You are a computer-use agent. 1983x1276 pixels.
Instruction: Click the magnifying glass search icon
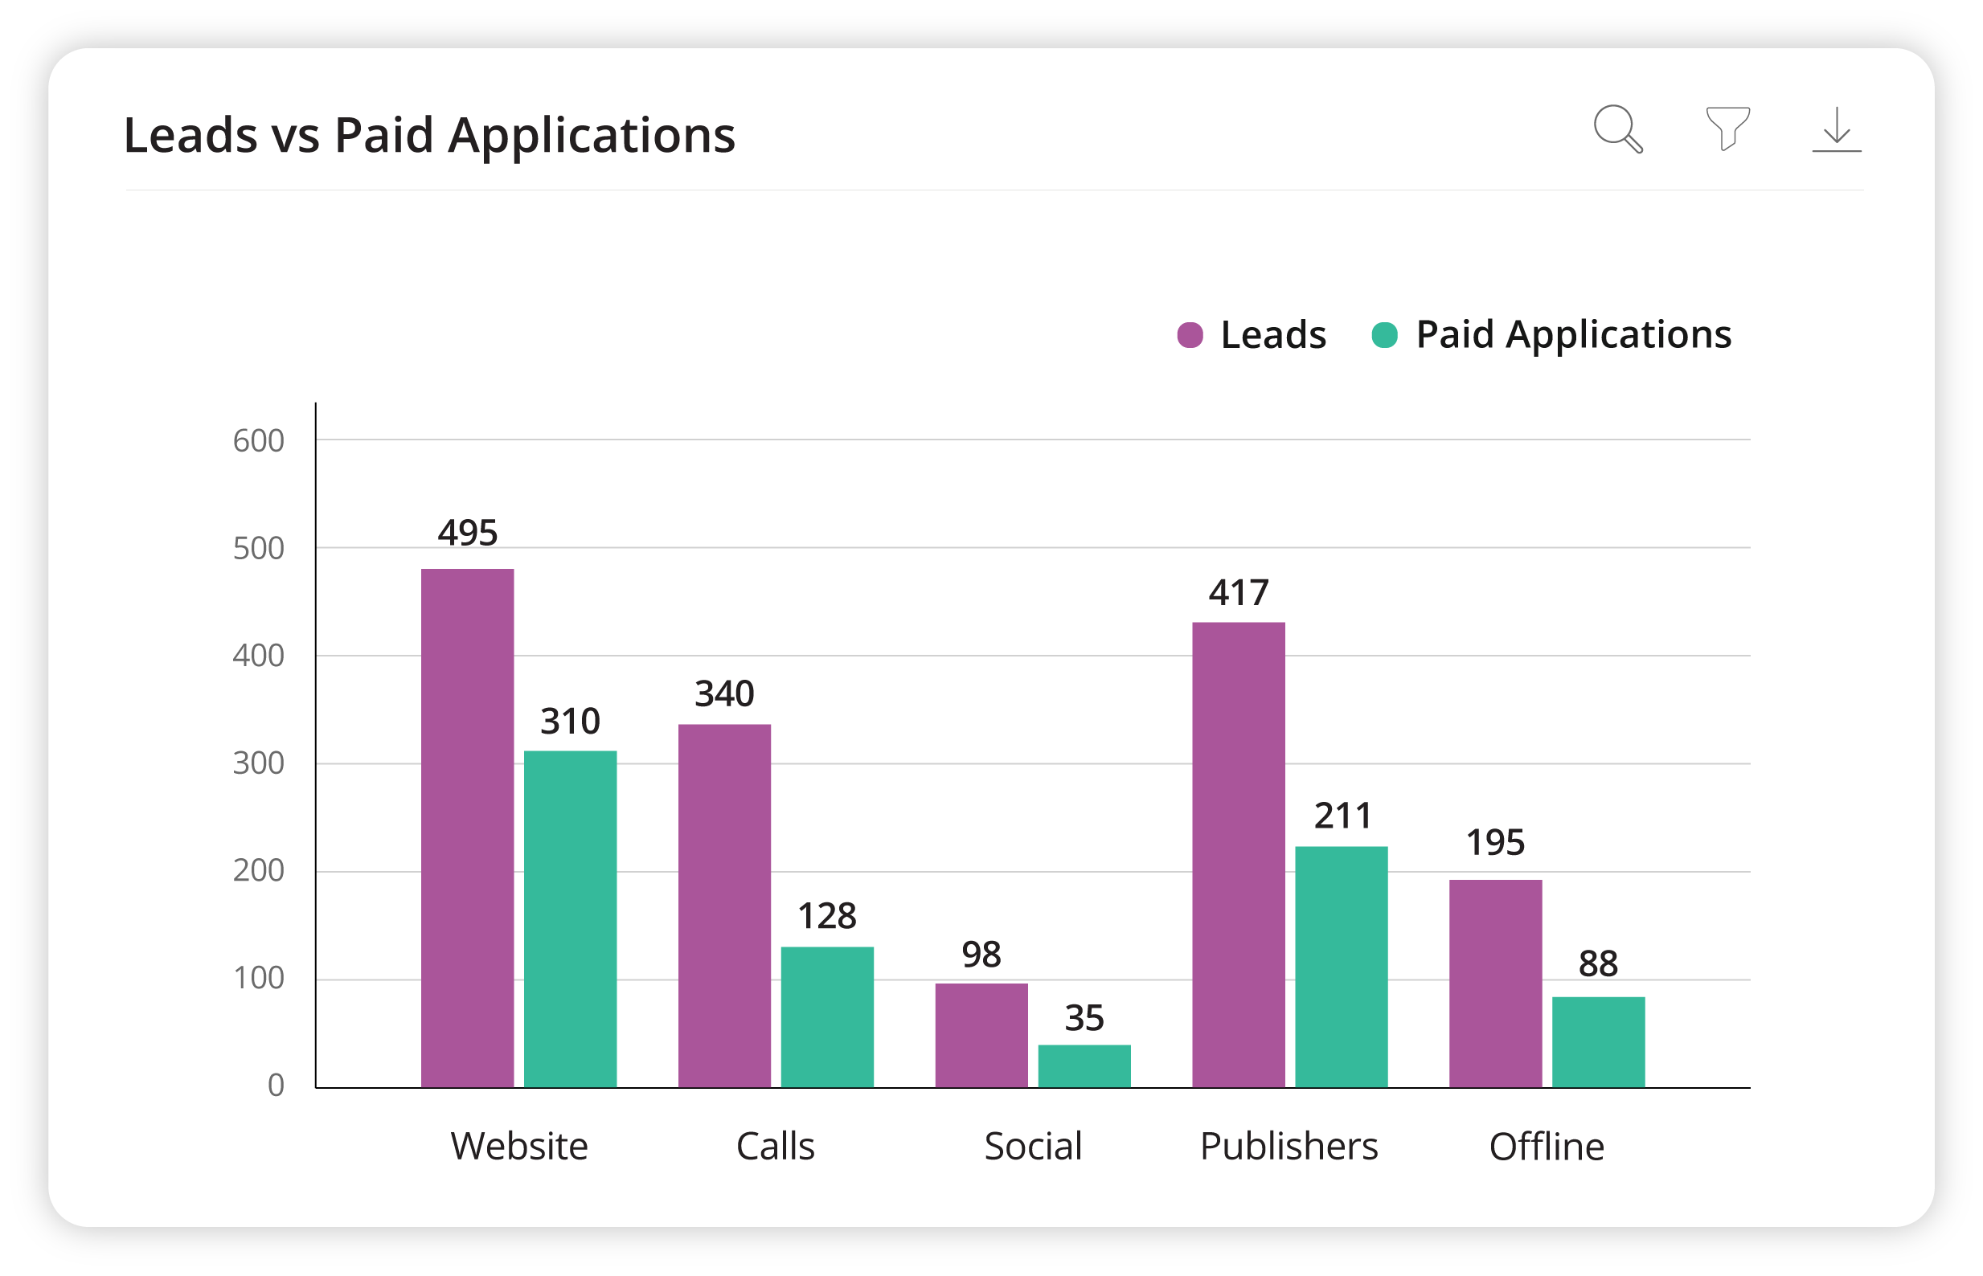[1617, 129]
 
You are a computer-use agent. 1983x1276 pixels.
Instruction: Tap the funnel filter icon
[1727, 129]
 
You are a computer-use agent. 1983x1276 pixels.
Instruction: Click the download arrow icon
[1838, 129]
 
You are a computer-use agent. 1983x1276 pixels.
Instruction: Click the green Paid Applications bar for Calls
[827, 1016]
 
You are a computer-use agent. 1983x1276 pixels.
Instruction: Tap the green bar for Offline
[1598, 1041]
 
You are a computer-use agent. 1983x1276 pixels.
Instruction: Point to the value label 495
[467, 533]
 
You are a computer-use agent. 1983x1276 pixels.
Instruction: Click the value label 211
[1342, 816]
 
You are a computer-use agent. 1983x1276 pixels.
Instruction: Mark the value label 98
[981, 955]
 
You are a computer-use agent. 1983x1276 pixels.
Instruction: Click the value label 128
[826, 916]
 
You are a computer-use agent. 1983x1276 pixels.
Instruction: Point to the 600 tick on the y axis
[258, 441]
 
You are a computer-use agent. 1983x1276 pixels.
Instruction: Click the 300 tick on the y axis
[258, 763]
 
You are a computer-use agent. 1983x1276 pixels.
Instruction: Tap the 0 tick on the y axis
[275, 1086]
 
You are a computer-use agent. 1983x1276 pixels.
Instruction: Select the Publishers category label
[1289, 1147]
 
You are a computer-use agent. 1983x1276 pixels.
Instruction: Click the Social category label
[1033, 1147]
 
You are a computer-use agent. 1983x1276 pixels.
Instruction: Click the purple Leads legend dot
[1190, 336]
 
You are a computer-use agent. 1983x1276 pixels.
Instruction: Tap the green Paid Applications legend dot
[1385, 336]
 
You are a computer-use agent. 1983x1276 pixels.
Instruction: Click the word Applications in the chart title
[591, 136]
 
